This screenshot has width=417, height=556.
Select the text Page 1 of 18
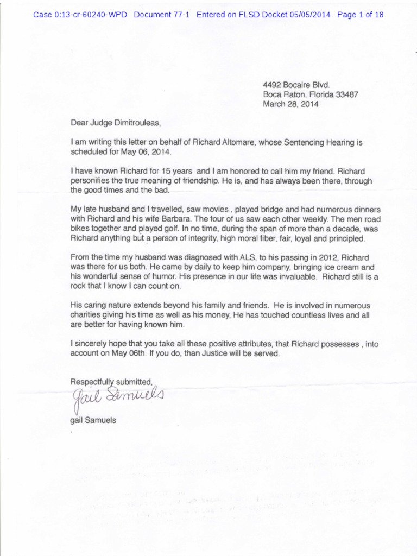[x=360, y=15]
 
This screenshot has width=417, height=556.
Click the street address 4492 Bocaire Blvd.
[x=296, y=85]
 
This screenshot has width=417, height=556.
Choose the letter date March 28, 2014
[x=290, y=104]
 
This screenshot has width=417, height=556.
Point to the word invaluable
[x=292, y=277]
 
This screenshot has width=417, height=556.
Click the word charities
[x=87, y=315]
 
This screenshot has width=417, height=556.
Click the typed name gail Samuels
[x=93, y=420]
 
